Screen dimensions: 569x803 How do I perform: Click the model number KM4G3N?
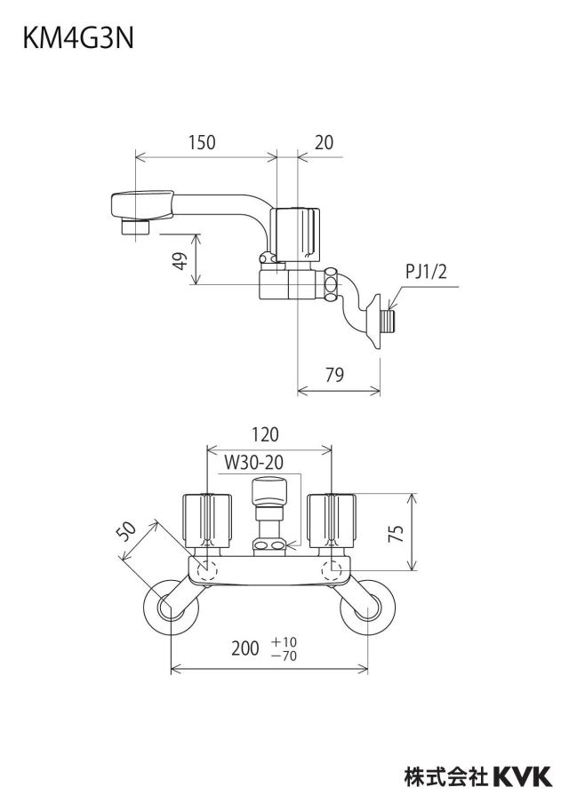pyautogui.click(x=78, y=39)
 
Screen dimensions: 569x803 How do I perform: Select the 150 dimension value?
pyautogui.click(x=202, y=142)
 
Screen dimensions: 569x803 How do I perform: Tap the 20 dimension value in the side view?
pyautogui.click(x=324, y=142)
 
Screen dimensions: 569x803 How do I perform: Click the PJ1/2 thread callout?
pyautogui.click(x=426, y=272)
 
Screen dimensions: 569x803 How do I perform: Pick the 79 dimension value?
pyautogui.click(x=334, y=376)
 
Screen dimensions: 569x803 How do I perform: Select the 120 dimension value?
pyautogui.click(x=265, y=434)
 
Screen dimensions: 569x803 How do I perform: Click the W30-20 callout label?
pyautogui.click(x=253, y=463)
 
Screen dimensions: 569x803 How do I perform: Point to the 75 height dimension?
pyautogui.click(x=397, y=534)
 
